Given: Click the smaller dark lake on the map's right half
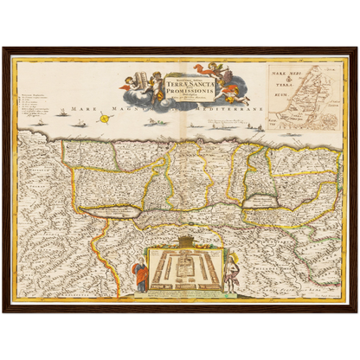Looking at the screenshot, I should (262, 200).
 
